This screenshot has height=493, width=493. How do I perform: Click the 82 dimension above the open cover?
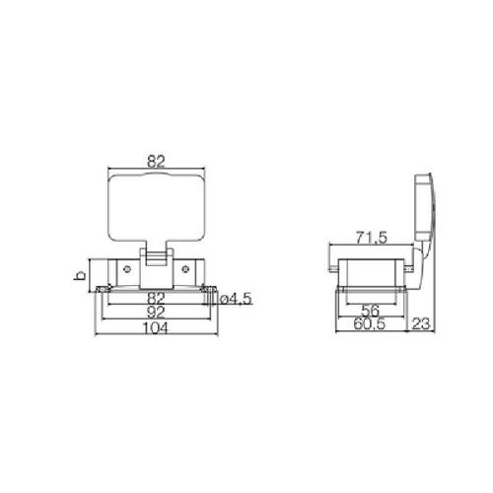(156, 162)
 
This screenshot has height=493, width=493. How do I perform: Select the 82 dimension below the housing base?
(156, 299)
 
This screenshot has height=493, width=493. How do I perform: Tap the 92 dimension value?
(156, 313)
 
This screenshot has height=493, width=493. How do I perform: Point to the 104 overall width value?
(155, 328)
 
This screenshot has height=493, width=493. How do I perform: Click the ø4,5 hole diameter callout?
(236, 299)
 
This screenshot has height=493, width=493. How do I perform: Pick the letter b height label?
(80, 275)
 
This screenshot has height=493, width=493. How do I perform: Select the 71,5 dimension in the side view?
(372, 238)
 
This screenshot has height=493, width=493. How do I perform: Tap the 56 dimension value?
(371, 310)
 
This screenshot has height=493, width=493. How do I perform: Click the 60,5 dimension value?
(370, 324)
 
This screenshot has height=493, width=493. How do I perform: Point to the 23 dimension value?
(421, 324)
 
